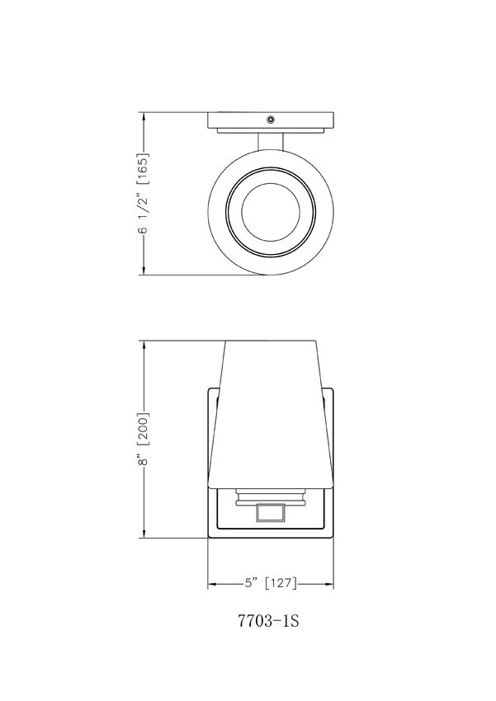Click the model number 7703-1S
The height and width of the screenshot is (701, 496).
tap(268, 620)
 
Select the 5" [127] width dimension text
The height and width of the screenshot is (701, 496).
tap(270, 583)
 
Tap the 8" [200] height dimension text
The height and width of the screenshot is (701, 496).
tap(144, 439)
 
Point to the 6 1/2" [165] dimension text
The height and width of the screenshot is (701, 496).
tap(144, 194)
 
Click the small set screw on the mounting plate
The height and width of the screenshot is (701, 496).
tap(271, 120)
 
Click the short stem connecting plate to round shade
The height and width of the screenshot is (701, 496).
tap(271, 142)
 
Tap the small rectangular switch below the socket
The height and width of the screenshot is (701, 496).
tap(271, 512)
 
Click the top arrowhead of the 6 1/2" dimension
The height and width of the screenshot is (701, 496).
tap(144, 117)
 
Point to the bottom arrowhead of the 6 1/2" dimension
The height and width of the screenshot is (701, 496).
tap(144, 270)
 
